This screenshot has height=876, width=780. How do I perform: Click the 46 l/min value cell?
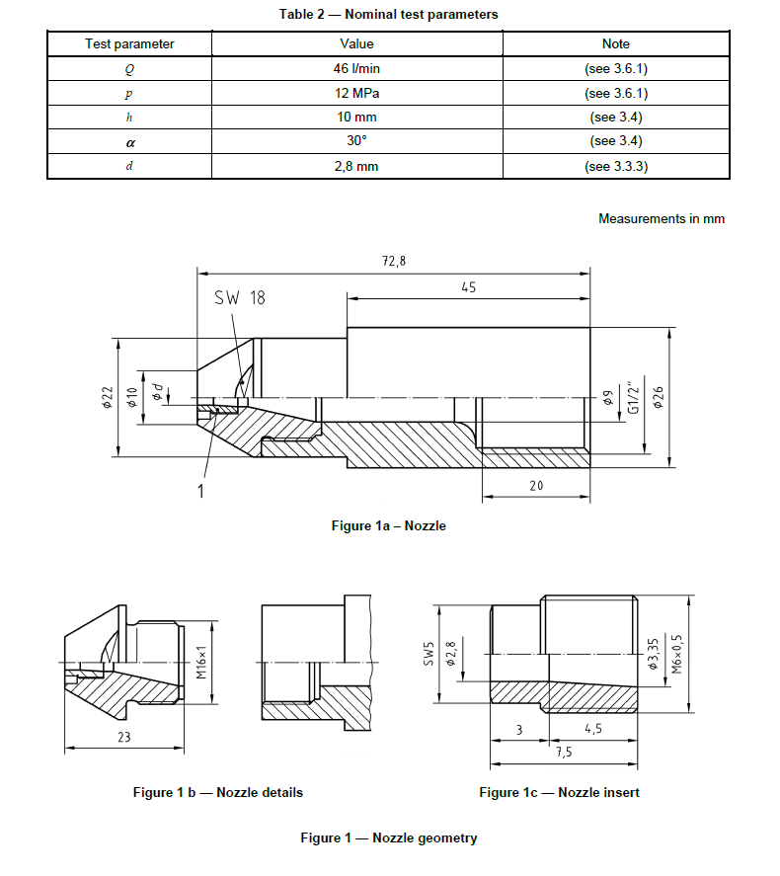coord(357,69)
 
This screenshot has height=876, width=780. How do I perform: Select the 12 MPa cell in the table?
coord(357,94)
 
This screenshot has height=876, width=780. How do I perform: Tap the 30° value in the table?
coord(357,141)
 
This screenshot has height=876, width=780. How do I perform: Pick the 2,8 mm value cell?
coord(357,166)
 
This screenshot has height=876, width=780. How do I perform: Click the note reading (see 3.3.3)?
coord(616,166)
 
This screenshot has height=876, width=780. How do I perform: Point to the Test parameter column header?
coord(129,43)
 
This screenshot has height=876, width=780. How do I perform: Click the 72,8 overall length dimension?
coord(393,261)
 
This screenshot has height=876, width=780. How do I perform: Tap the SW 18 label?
coord(239,297)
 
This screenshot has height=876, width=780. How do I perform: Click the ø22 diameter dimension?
coord(108,396)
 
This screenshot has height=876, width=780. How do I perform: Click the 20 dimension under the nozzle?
coord(536,486)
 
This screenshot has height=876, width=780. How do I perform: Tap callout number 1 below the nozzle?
coord(200,490)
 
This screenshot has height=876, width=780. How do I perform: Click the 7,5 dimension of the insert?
coord(566,751)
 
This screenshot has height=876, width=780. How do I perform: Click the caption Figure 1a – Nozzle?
coord(388,526)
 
